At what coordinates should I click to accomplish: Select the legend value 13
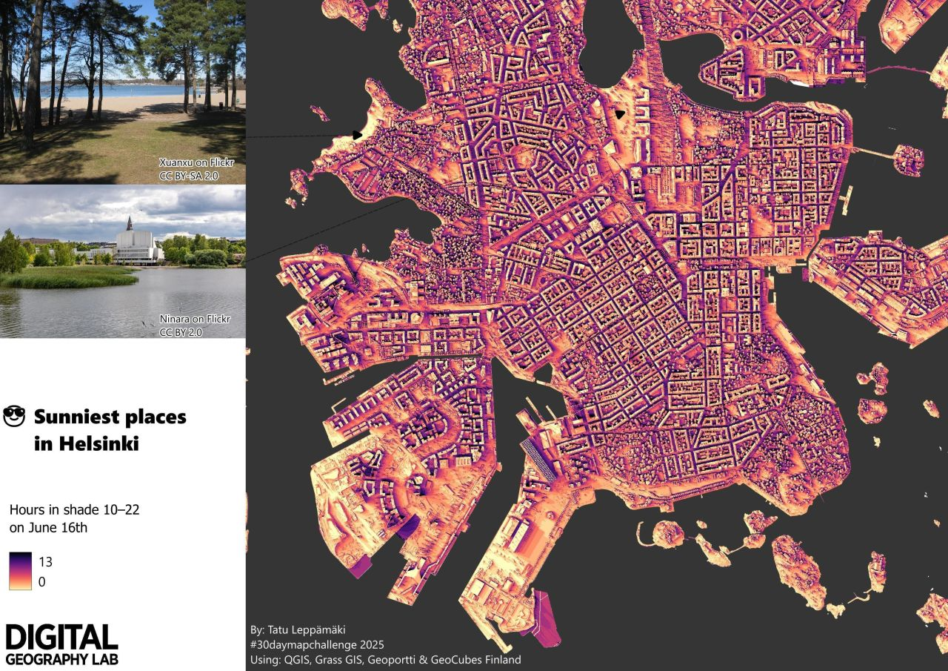pyautogui.click(x=45, y=561)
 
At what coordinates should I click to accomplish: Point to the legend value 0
pyautogui.click(x=41, y=582)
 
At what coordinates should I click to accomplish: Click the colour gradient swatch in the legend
pyautogui.click(x=20, y=571)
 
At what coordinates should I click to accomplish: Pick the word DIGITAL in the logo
pyautogui.click(x=61, y=638)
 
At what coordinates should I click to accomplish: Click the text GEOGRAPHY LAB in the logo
pyautogui.click(x=61, y=658)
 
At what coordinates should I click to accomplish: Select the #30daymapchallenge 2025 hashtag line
pyautogui.click(x=317, y=645)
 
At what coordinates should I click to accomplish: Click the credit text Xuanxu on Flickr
pyautogui.click(x=195, y=162)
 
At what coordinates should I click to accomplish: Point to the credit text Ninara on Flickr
pyautogui.click(x=195, y=320)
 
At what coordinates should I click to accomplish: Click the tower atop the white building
pyautogui.click(x=129, y=222)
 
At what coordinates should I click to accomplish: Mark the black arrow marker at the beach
pyautogui.click(x=358, y=136)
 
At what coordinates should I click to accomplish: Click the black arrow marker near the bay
pyautogui.click(x=620, y=114)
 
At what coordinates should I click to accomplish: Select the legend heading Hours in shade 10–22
pyautogui.click(x=74, y=510)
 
